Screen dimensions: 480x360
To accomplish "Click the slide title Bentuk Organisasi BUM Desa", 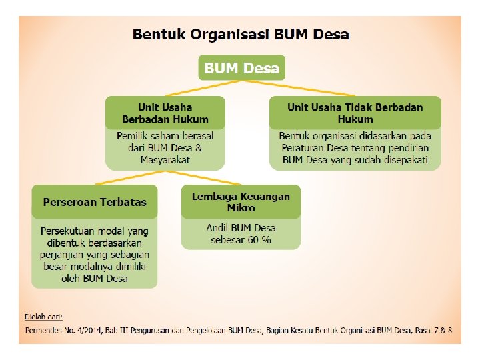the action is (x=240, y=34).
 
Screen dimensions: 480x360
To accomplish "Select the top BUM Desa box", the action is (x=242, y=68).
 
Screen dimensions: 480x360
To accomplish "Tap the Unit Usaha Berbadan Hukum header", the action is (x=165, y=113).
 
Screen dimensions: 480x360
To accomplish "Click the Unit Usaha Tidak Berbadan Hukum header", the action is (x=355, y=113).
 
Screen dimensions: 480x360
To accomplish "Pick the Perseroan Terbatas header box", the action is (x=95, y=201).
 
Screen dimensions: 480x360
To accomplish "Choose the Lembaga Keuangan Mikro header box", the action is (x=241, y=201).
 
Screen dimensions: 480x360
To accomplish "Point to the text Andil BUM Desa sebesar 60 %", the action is (x=241, y=233).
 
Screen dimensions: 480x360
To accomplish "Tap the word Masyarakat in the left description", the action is (x=165, y=160).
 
